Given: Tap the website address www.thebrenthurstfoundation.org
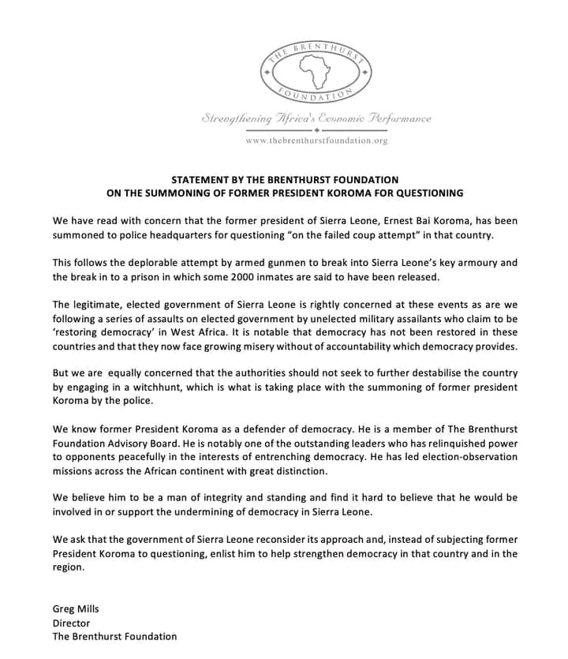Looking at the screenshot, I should (316, 140).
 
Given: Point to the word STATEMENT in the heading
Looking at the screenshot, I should (200, 180).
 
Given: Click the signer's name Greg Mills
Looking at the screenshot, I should (76, 608).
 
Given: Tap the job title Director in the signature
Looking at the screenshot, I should (71, 622).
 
